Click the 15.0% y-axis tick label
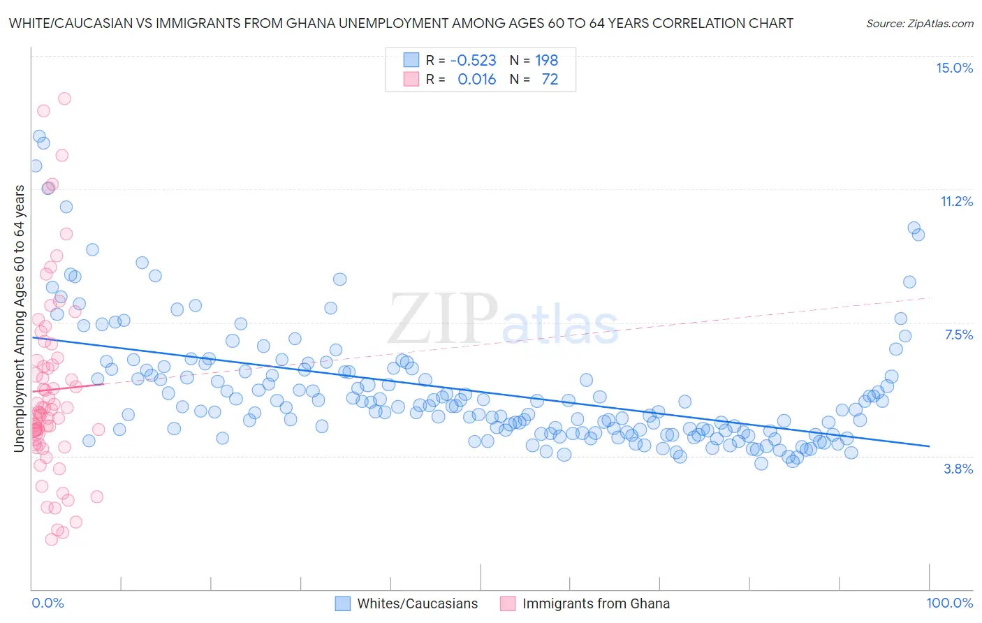click(954, 68)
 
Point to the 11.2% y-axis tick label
click(956, 201)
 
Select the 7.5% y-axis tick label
click(958, 335)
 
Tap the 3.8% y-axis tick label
click(958, 469)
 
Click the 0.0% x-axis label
click(47, 603)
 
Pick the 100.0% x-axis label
click(949, 603)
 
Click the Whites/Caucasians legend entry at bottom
click(417, 603)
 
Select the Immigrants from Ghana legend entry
click(596, 603)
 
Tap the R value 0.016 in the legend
click(476, 79)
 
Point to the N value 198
click(547, 60)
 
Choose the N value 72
click(550, 79)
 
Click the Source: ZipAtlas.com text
click(919, 23)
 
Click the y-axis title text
click(20, 318)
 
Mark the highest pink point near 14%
click(64, 98)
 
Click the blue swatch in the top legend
click(411, 60)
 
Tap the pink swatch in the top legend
click(411, 79)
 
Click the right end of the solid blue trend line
click(929, 446)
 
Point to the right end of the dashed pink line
click(929, 298)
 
